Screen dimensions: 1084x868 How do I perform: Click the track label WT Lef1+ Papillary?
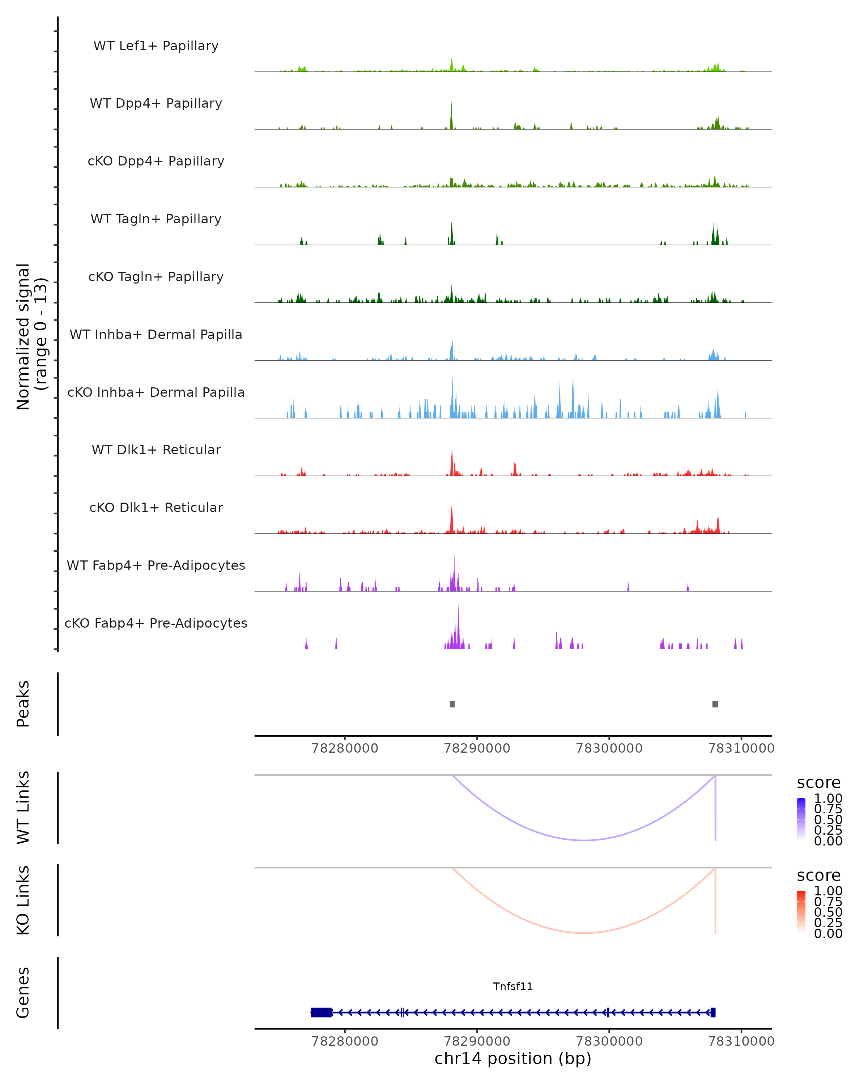click(156, 46)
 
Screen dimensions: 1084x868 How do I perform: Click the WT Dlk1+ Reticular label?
click(156, 449)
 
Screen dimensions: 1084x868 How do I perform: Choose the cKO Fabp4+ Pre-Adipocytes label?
click(156, 623)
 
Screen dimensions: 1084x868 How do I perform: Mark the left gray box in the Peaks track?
click(452, 704)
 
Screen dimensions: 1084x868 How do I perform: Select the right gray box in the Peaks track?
click(715, 704)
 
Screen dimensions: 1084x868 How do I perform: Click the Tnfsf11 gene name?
click(513, 986)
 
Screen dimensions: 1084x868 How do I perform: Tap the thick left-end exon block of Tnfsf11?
click(321, 1012)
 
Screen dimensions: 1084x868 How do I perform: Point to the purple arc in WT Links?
click(584, 840)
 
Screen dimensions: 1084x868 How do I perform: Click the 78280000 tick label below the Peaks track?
click(345, 748)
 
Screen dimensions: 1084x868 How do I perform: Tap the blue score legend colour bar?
click(801, 818)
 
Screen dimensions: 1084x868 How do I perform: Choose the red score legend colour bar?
click(801, 911)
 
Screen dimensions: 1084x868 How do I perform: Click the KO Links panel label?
click(23, 900)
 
